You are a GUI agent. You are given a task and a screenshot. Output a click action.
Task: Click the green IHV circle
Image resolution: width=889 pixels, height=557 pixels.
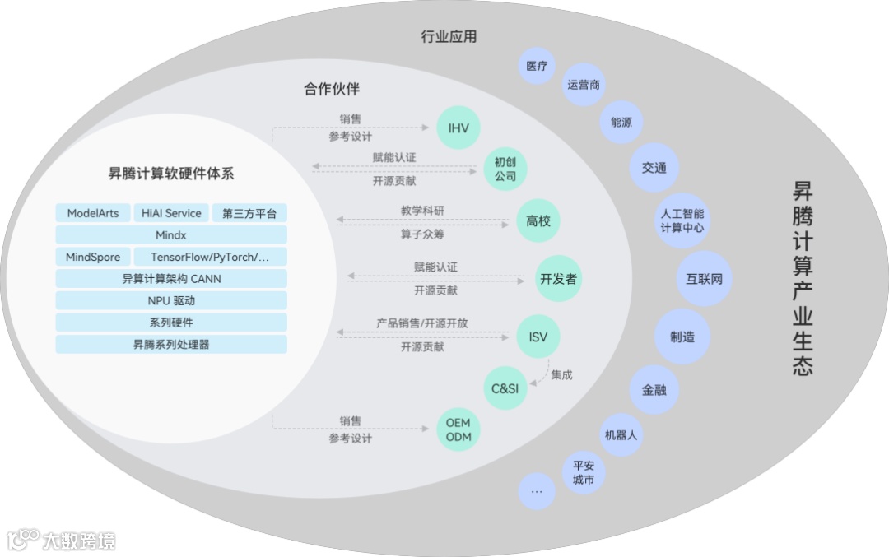[458, 128]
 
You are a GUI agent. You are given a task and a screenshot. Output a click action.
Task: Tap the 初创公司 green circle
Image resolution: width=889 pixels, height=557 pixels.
[505, 169]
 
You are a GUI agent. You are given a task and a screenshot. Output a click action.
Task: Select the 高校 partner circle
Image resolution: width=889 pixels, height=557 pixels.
[538, 220]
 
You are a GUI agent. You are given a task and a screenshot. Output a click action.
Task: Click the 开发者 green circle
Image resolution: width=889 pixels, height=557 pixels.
[557, 279]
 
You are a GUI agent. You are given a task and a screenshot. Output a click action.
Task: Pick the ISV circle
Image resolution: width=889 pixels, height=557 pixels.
[538, 337]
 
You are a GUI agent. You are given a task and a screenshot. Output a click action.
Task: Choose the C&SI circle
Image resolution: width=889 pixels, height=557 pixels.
[505, 388]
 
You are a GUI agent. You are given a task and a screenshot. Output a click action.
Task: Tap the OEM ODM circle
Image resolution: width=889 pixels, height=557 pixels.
[458, 429]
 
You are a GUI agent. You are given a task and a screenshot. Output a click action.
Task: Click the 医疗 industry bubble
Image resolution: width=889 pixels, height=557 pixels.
[537, 66]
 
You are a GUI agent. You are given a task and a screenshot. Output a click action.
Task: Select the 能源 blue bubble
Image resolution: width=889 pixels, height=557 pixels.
[621, 123]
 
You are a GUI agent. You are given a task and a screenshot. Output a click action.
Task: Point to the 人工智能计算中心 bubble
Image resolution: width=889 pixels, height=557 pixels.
[682, 220]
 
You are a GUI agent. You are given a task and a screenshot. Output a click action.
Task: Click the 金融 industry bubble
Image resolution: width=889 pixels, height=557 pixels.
[654, 390]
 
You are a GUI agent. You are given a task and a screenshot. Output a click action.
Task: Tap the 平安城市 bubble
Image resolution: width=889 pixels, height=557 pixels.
[584, 472]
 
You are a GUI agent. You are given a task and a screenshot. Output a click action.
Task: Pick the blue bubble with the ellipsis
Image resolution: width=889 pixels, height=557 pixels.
[537, 491]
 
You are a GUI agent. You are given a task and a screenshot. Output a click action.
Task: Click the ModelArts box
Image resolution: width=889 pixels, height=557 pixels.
[93, 213]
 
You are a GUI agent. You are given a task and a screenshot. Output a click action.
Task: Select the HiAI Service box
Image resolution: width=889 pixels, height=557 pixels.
[171, 213]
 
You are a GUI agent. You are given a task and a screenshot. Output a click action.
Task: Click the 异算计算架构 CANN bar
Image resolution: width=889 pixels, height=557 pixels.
[171, 279]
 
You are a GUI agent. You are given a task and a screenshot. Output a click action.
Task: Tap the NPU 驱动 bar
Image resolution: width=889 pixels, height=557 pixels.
[171, 300]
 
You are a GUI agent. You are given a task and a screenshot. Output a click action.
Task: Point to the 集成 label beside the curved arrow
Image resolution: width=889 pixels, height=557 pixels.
[561, 375]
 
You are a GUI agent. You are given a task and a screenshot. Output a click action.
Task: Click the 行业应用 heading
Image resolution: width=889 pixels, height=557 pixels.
[449, 37]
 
